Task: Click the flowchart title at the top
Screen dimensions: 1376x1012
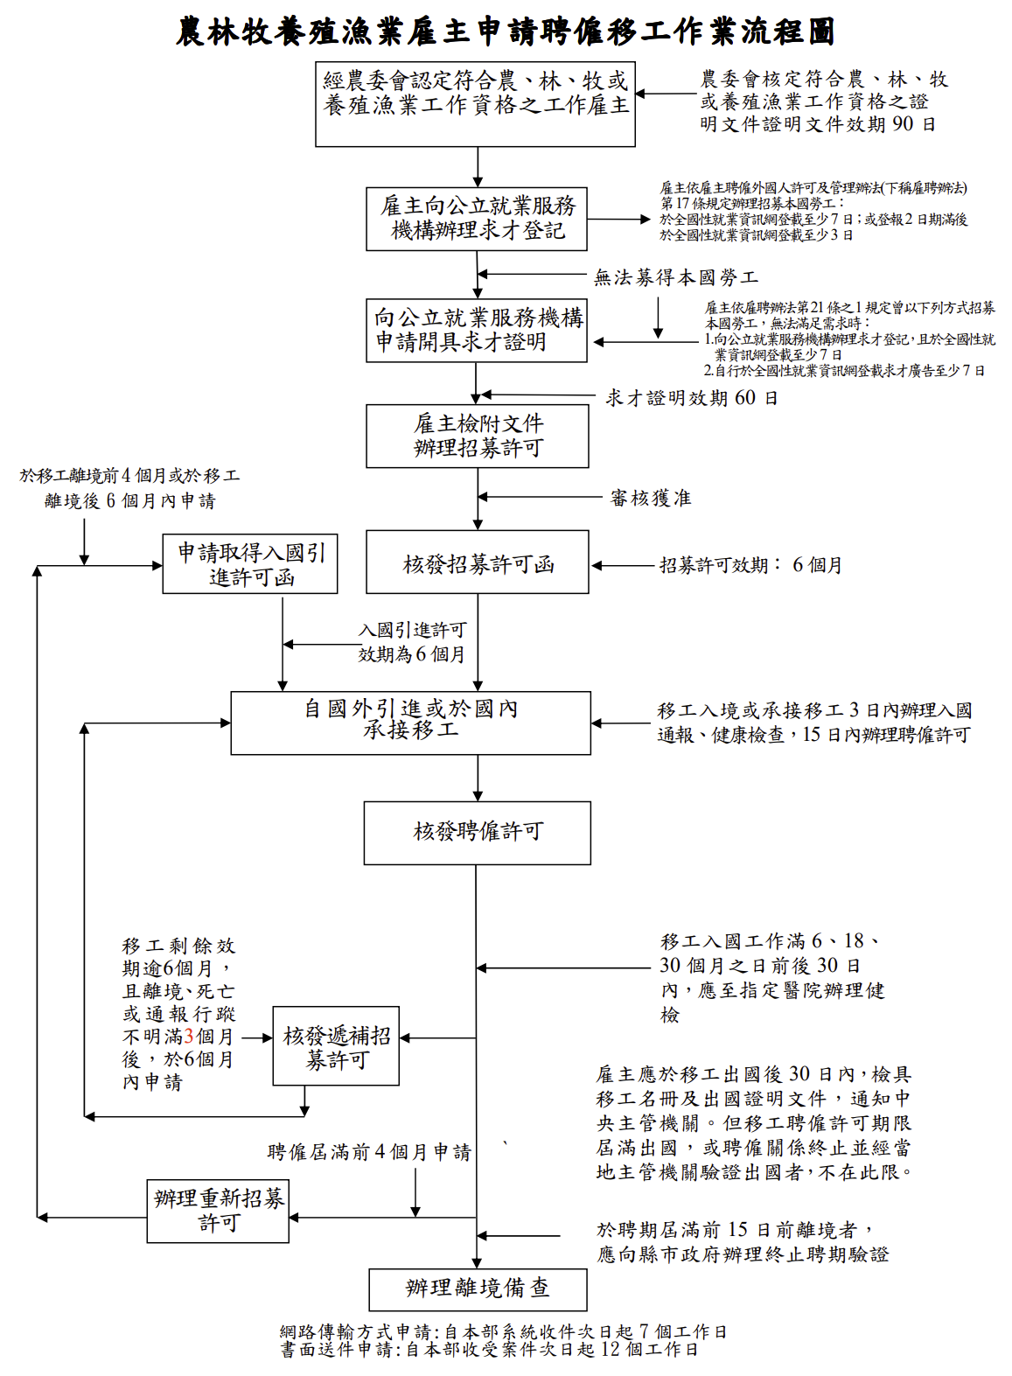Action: click(x=506, y=31)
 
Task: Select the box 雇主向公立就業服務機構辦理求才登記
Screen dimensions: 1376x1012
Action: click(x=476, y=219)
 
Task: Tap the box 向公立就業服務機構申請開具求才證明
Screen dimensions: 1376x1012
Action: click(x=476, y=330)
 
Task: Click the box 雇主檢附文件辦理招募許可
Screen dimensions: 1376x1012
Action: click(x=477, y=436)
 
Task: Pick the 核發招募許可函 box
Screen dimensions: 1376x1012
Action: click(x=477, y=562)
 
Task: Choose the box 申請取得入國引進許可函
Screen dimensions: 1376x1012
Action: click(x=250, y=564)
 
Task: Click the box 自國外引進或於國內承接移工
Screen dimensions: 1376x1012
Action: click(x=410, y=723)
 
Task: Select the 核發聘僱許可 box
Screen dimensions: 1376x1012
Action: click(x=477, y=832)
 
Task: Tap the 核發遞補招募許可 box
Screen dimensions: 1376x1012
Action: click(x=336, y=1046)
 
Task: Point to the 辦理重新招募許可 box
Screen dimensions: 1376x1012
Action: click(x=218, y=1211)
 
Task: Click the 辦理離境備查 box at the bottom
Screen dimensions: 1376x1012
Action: click(x=477, y=1289)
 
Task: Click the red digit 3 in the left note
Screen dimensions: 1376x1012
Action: click(x=189, y=1037)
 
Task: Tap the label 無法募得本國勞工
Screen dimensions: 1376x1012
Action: click(x=675, y=278)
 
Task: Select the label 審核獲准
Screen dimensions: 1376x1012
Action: click(x=651, y=498)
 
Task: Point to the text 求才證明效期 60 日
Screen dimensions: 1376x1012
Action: click(x=691, y=398)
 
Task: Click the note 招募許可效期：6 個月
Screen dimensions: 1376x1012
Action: click(x=750, y=565)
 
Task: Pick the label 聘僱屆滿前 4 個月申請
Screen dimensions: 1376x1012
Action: click(x=368, y=1152)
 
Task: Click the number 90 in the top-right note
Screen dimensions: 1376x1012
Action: click(x=903, y=124)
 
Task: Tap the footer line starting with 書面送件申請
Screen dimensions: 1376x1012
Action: click(x=489, y=1350)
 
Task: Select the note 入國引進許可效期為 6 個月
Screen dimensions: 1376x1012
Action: click(x=412, y=642)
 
